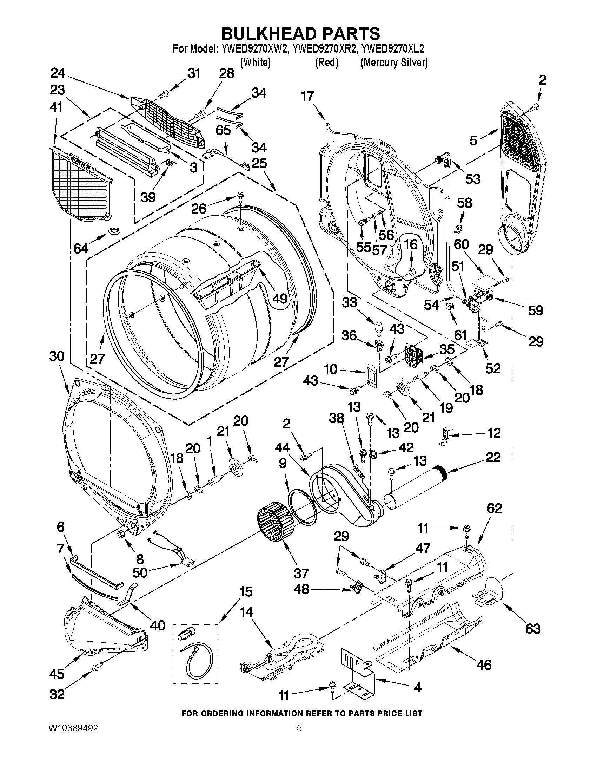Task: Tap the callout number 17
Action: [308, 96]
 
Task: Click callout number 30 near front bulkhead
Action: [57, 356]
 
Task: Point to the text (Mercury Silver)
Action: [394, 63]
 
